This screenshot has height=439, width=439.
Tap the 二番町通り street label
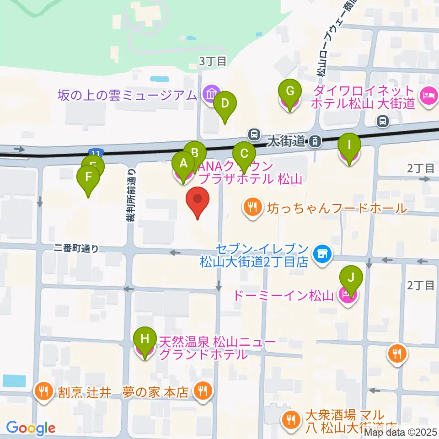(76, 248)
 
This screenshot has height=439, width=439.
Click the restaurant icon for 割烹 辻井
(44, 391)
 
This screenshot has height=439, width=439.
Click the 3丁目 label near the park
(212, 61)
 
